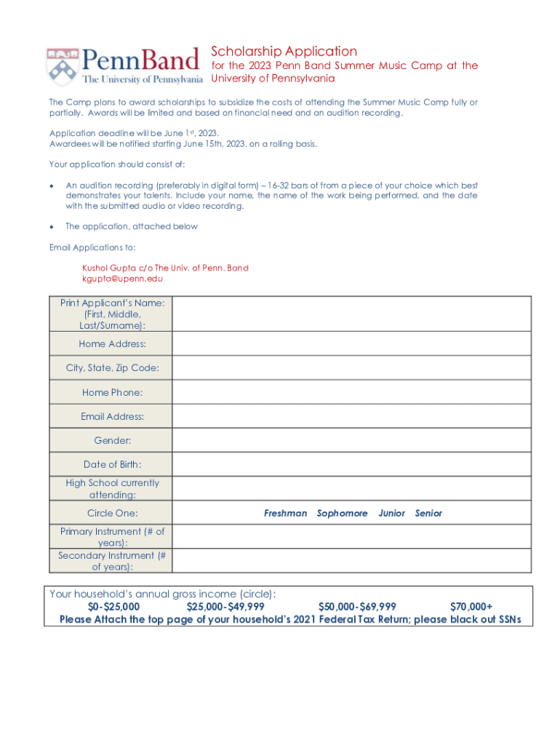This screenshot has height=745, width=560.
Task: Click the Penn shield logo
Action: pyautogui.click(x=63, y=67)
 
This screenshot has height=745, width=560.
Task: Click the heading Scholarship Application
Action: pyautogui.click(x=284, y=51)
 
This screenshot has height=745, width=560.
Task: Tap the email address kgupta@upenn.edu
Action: pyautogui.click(x=122, y=279)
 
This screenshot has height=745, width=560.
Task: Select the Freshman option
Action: pyautogui.click(x=285, y=514)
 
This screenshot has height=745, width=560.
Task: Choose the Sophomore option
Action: pyautogui.click(x=342, y=514)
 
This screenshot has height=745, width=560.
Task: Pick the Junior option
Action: pyautogui.click(x=392, y=514)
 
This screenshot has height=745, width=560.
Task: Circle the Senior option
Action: pyautogui.click(x=428, y=514)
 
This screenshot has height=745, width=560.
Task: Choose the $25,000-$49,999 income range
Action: pyautogui.click(x=225, y=607)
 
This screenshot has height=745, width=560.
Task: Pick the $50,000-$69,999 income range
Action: pyautogui.click(x=357, y=607)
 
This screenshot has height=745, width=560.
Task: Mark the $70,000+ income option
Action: pyautogui.click(x=471, y=607)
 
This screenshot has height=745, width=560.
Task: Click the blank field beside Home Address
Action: pyautogui.click(x=351, y=344)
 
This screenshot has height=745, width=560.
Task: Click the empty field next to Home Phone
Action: pyautogui.click(x=351, y=392)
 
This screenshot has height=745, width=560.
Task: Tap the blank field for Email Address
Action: pyautogui.click(x=351, y=416)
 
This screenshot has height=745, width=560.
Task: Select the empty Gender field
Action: pyautogui.click(x=351, y=440)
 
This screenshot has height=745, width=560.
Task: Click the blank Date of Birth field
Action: pyautogui.click(x=351, y=464)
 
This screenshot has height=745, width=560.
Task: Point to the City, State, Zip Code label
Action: pyautogui.click(x=112, y=368)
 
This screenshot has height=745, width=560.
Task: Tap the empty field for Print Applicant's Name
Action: pyautogui.click(x=351, y=314)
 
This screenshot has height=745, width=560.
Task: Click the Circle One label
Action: pyautogui.click(x=112, y=514)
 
